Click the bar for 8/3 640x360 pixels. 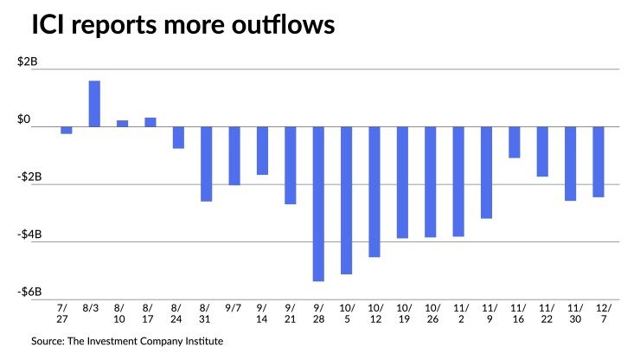point(94,104)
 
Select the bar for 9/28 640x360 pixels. point(318,204)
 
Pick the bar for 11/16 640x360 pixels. point(515,143)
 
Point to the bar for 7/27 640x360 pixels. point(67,131)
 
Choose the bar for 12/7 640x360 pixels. point(598,162)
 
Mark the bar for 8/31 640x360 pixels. point(207,164)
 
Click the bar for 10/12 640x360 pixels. point(374,192)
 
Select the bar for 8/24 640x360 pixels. point(178,138)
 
